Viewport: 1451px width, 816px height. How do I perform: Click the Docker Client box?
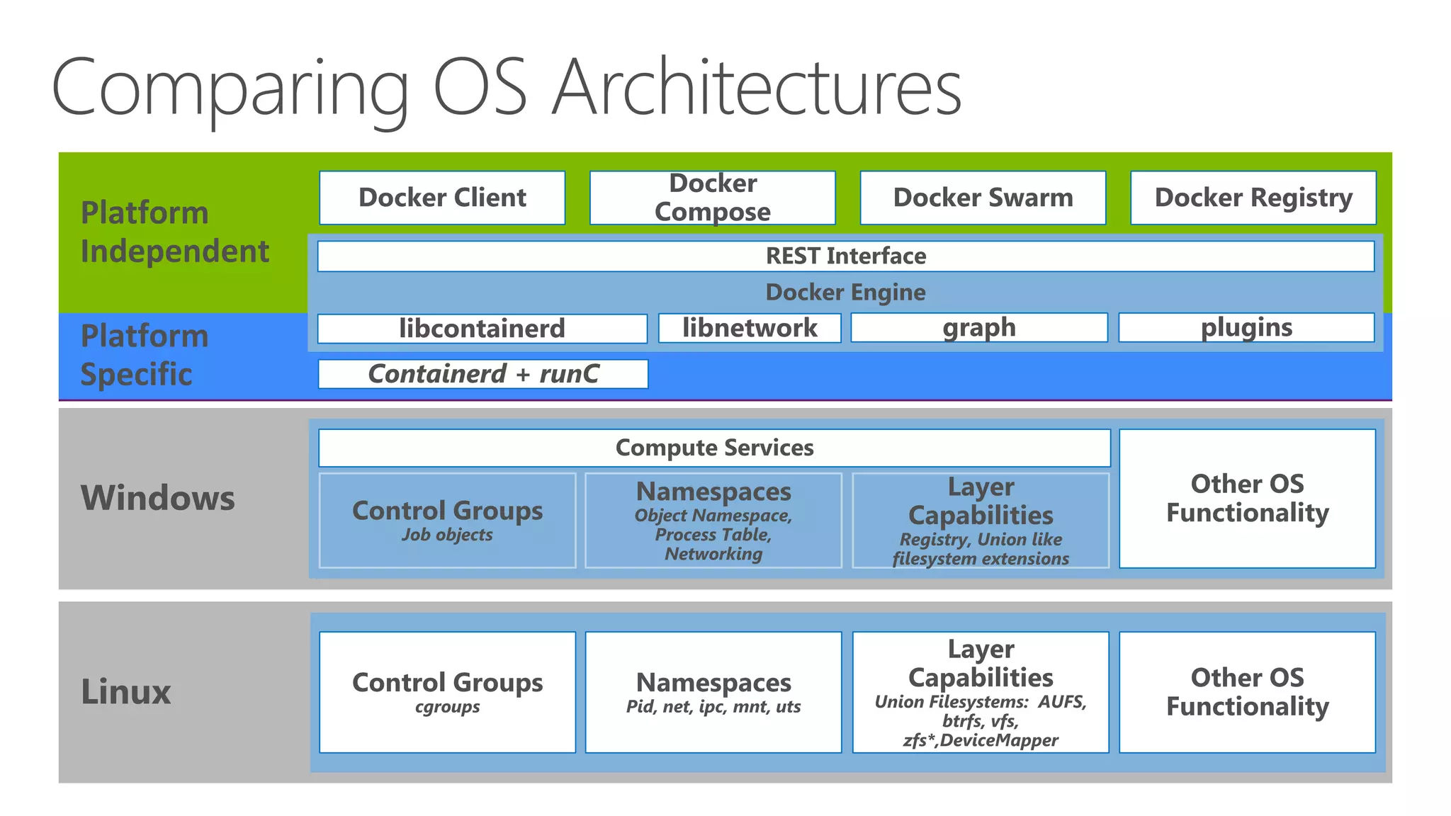tap(442, 198)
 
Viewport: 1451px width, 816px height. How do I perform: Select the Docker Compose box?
tap(712, 198)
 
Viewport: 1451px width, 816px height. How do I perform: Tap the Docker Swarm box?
tap(983, 198)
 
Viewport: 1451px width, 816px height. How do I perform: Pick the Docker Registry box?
tap(1253, 198)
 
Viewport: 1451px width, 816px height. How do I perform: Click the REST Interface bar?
tap(845, 256)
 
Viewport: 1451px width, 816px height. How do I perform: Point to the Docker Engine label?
tap(845, 293)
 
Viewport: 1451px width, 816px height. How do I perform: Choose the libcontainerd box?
tap(482, 329)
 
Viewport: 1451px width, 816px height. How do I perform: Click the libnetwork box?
tap(750, 328)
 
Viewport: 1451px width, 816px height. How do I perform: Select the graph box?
tap(978, 328)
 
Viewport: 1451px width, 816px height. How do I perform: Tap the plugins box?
tap(1246, 328)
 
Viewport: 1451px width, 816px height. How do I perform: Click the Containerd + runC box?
tap(483, 374)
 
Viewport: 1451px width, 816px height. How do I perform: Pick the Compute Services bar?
tap(714, 448)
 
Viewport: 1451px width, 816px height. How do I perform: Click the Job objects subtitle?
tap(447, 535)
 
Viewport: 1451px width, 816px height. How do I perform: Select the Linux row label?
tap(126, 692)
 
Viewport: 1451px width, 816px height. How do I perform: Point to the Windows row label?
tap(157, 498)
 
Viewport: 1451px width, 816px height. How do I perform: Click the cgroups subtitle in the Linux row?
tap(447, 708)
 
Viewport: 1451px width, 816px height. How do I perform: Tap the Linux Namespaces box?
tap(713, 692)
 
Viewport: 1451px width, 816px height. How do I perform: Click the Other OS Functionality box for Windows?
tap(1247, 498)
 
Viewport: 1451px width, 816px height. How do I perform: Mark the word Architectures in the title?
tap(756, 89)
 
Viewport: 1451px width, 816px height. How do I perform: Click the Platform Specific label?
tap(145, 355)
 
